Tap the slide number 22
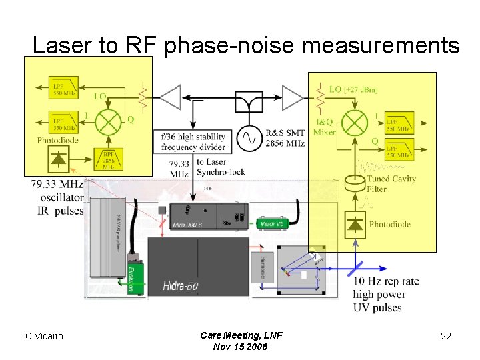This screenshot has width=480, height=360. point(446,336)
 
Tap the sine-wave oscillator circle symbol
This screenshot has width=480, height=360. point(250,138)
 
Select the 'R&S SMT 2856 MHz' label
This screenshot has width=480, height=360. point(285,138)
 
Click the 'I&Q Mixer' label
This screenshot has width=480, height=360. point(325,127)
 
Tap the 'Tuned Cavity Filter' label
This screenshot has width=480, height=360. point(390,184)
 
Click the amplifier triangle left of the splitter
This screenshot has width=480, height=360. point(169,97)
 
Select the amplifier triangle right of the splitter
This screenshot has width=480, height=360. point(293,97)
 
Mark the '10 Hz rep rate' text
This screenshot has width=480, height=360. point(386,281)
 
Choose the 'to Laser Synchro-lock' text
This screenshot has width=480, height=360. point(217,167)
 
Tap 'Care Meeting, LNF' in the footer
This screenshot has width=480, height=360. point(241,335)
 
